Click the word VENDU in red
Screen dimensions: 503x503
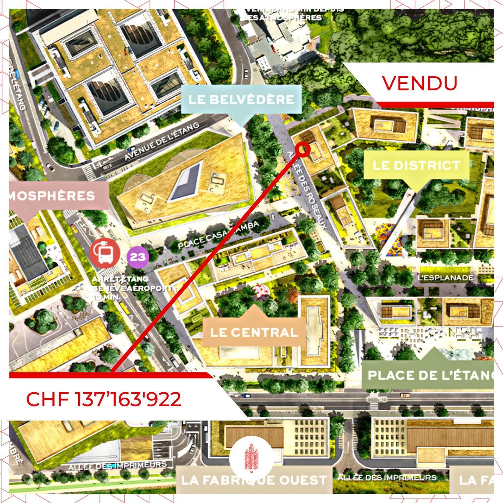(x=420, y=83)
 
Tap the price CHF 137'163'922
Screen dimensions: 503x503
(x=104, y=399)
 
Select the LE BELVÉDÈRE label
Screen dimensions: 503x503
(x=241, y=100)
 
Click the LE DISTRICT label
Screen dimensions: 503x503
(x=416, y=165)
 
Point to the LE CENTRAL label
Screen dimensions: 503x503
(x=254, y=332)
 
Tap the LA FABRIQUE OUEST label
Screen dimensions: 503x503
(x=254, y=480)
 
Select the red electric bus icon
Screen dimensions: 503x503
(x=104, y=253)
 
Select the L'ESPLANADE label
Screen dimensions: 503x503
(x=445, y=278)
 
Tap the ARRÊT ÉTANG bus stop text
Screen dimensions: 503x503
(x=120, y=279)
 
